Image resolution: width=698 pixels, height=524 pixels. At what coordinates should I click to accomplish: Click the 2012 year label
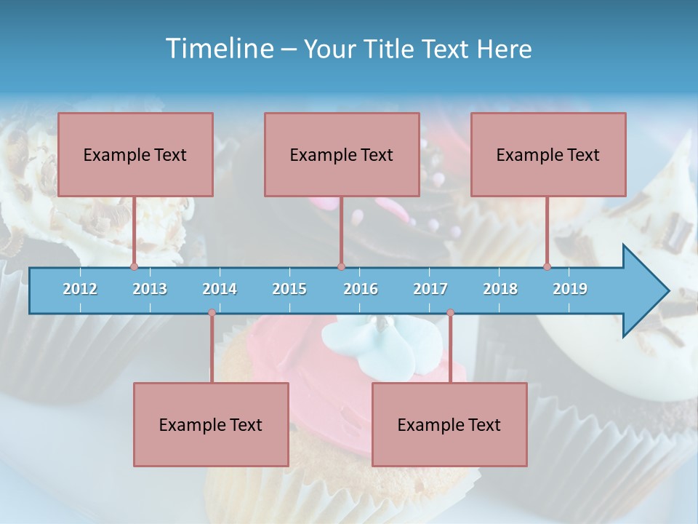[80, 289]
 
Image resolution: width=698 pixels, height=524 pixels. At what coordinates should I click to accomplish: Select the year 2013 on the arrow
[150, 289]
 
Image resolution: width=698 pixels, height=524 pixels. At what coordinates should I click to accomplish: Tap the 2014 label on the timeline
[220, 289]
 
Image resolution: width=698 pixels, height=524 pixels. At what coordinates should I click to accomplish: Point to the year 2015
[289, 289]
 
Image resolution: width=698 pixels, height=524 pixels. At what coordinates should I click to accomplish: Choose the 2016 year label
[361, 289]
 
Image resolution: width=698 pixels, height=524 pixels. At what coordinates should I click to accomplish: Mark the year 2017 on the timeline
[430, 289]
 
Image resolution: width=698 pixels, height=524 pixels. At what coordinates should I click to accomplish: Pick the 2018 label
[500, 289]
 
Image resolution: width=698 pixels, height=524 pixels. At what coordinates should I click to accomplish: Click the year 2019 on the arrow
[570, 289]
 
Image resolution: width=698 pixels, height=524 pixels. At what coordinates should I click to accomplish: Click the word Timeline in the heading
[218, 49]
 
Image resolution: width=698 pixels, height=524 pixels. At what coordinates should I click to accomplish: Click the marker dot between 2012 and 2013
[134, 267]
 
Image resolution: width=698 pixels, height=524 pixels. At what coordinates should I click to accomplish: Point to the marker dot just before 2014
[212, 313]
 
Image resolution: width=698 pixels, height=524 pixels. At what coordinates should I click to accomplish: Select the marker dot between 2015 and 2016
[341, 267]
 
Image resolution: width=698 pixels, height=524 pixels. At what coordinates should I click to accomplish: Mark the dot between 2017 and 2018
[450, 313]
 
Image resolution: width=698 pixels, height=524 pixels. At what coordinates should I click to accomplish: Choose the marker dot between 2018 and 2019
[547, 267]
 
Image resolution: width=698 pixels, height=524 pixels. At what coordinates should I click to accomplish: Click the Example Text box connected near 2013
[135, 154]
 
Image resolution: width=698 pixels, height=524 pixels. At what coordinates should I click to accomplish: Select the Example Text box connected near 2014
[211, 424]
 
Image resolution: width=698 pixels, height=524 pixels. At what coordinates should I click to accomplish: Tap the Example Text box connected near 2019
[548, 154]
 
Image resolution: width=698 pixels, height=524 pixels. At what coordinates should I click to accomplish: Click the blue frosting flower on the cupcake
[378, 338]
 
